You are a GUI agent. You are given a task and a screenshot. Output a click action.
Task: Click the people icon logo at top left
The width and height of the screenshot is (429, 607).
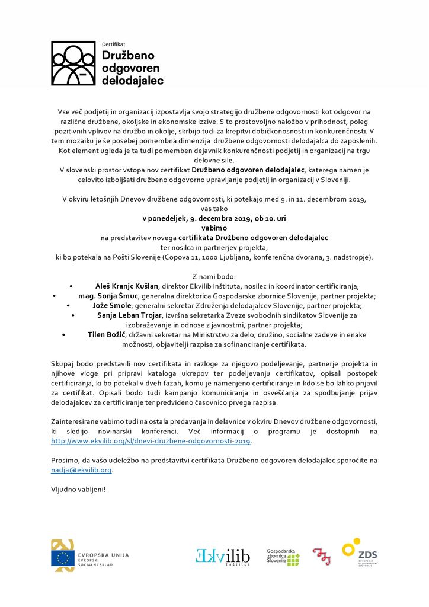point(73,63)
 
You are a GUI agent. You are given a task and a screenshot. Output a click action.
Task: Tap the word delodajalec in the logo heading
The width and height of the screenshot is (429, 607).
point(132,80)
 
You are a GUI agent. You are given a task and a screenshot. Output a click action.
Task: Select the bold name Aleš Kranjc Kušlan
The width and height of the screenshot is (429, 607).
point(128,286)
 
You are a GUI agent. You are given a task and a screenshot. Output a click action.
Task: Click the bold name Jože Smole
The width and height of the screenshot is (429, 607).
point(113,305)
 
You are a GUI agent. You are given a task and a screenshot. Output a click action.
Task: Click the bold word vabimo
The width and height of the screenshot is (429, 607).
point(214,228)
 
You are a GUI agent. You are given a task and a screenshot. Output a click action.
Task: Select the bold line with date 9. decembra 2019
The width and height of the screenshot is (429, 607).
point(214,219)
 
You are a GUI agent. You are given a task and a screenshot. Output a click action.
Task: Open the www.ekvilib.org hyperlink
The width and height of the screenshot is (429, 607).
point(151,441)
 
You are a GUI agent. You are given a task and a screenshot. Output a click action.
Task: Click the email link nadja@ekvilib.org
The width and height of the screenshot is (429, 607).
point(81,470)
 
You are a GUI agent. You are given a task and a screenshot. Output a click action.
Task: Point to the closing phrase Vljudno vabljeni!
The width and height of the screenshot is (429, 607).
point(78,490)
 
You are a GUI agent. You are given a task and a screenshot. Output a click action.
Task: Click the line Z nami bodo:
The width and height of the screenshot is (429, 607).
point(214,277)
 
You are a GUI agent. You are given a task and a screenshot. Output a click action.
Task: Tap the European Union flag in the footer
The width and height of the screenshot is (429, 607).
point(62,558)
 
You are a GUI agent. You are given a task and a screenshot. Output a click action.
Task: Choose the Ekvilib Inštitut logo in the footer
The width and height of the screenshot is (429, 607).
point(223,557)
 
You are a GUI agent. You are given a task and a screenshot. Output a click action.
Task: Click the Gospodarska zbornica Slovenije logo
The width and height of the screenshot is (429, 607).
point(283,557)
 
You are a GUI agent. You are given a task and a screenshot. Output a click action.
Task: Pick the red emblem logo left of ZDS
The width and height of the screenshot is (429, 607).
point(322,557)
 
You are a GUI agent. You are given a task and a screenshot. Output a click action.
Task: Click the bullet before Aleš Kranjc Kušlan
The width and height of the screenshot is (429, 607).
point(71,286)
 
